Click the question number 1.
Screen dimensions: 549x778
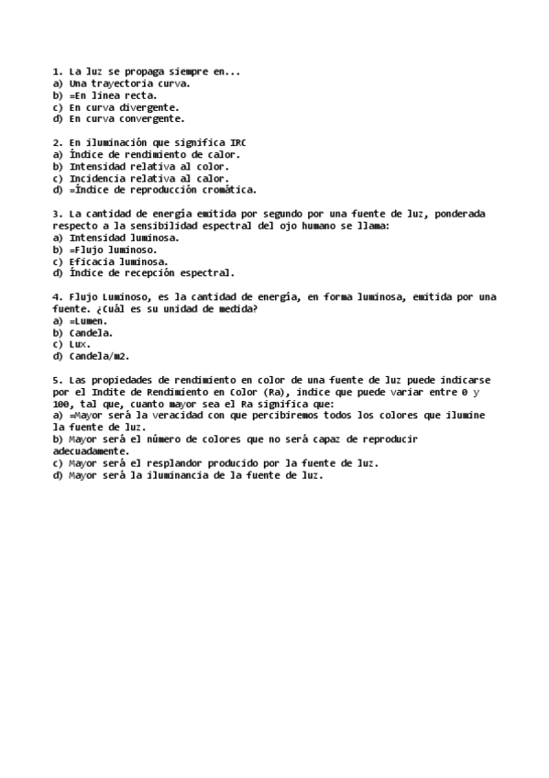pyautogui.click(x=57, y=71)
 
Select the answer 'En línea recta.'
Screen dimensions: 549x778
pyautogui.click(x=115, y=94)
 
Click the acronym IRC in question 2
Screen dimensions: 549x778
pyautogui.click(x=237, y=142)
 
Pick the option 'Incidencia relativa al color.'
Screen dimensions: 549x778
pyautogui.click(x=148, y=178)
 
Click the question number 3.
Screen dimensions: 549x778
pyautogui.click(x=57, y=214)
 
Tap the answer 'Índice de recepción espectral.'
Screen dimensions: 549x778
pyautogui.click(x=151, y=272)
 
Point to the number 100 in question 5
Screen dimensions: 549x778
pyautogui.click(x=62, y=404)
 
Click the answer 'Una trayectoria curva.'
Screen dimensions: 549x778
pyautogui.click(x=129, y=83)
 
